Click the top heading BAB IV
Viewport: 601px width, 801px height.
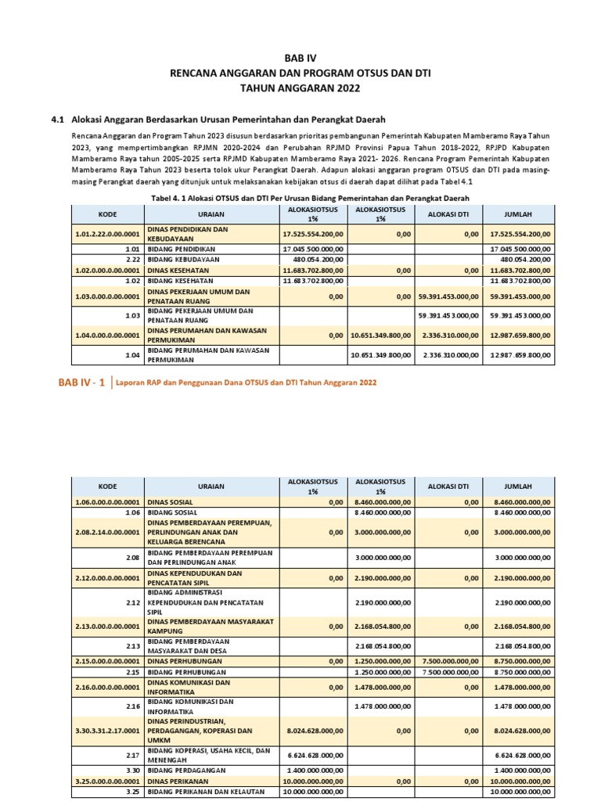[300, 58]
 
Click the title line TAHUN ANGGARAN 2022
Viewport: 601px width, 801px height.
[300, 88]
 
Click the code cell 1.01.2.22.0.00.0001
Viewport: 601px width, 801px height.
[107, 234]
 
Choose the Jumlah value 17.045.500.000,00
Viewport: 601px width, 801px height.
[520, 249]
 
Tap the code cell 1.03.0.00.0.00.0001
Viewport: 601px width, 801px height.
[107, 296]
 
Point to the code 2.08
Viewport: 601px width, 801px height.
[131, 559]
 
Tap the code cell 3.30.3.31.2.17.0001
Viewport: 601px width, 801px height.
[107, 731]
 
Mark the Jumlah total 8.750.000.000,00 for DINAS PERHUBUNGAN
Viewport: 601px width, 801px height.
[520, 661]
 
